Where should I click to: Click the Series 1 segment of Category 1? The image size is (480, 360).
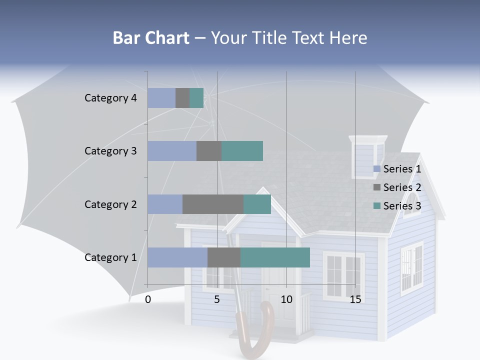point(177,257)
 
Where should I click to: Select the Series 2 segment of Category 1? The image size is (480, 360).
point(224,257)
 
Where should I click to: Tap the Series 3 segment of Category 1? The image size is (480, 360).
point(275,257)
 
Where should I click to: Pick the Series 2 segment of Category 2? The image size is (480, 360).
point(213,204)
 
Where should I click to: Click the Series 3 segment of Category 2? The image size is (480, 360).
point(257,204)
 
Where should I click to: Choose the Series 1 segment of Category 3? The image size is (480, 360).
point(172,151)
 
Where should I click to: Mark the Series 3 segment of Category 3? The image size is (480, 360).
point(242,151)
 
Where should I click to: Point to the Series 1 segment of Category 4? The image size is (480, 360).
point(161,98)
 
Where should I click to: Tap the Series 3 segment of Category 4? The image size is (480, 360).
point(196,98)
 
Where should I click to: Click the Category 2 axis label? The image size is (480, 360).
point(110,204)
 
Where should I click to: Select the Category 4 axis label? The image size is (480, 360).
point(110,98)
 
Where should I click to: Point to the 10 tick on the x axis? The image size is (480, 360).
point(286,299)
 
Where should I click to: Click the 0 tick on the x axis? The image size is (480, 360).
point(148,299)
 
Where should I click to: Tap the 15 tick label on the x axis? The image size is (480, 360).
point(355,299)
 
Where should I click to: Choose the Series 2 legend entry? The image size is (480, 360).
point(397,187)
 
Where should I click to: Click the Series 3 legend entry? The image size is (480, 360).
point(397,206)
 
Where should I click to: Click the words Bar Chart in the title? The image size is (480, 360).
point(150,38)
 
